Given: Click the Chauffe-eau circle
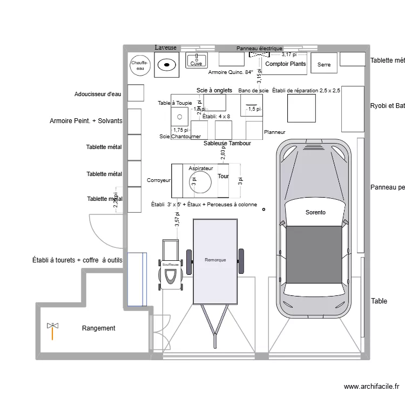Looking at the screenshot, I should click(x=139, y=65).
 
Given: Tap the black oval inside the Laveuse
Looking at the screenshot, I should click(x=167, y=65).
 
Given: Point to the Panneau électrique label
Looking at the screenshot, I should click(x=259, y=49).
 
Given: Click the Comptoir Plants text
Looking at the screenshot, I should click(x=285, y=64).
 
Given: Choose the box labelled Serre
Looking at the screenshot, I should click(x=324, y=64).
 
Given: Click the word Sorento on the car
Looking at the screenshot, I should click(x=315, y=212).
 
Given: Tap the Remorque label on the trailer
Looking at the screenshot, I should click(x=215, y=260).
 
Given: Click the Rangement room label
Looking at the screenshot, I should click(x=98, y=328).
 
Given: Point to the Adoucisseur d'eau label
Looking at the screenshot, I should click(x=98, y=94).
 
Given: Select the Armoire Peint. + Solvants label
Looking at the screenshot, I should click(x=86, y=121).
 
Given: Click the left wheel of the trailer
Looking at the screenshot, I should click(x=189, y=261).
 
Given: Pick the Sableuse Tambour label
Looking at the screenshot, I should click(x=227, y=144).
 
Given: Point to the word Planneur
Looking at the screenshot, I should click(x=274, y=132).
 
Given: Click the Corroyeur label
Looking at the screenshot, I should click(x=159, y=180).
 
